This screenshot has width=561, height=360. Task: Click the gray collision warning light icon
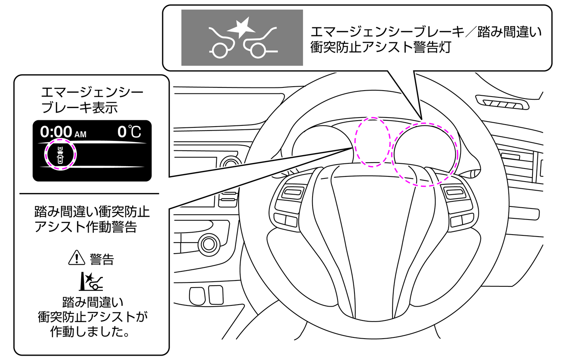coord(242,38)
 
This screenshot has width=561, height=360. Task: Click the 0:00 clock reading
coord(56,132)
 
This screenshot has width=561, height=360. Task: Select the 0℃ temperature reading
coord(129,132)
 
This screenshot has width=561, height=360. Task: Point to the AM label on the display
coord(80,135)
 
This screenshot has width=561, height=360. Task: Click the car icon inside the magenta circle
coord(60,155)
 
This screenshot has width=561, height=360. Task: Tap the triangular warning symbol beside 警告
coord(76,258)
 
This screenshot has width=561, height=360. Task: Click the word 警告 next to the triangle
coord(102,259)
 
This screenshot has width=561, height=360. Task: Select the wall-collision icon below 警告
coord(91,281)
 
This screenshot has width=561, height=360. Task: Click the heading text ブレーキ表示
coord(80,108)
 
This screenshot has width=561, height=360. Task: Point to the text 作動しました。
coord(91,332)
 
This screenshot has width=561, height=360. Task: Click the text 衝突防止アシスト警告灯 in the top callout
coord(381,47)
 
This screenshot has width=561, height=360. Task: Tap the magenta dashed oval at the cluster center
coord(372,142)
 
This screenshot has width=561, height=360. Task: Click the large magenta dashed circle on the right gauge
coord(425,154)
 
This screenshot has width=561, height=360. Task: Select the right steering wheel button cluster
coord(458,205)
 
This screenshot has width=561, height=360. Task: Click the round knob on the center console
coord(209,244)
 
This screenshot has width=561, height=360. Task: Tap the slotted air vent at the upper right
coord(502,102)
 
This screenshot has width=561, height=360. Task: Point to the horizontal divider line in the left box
coord(89,193)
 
